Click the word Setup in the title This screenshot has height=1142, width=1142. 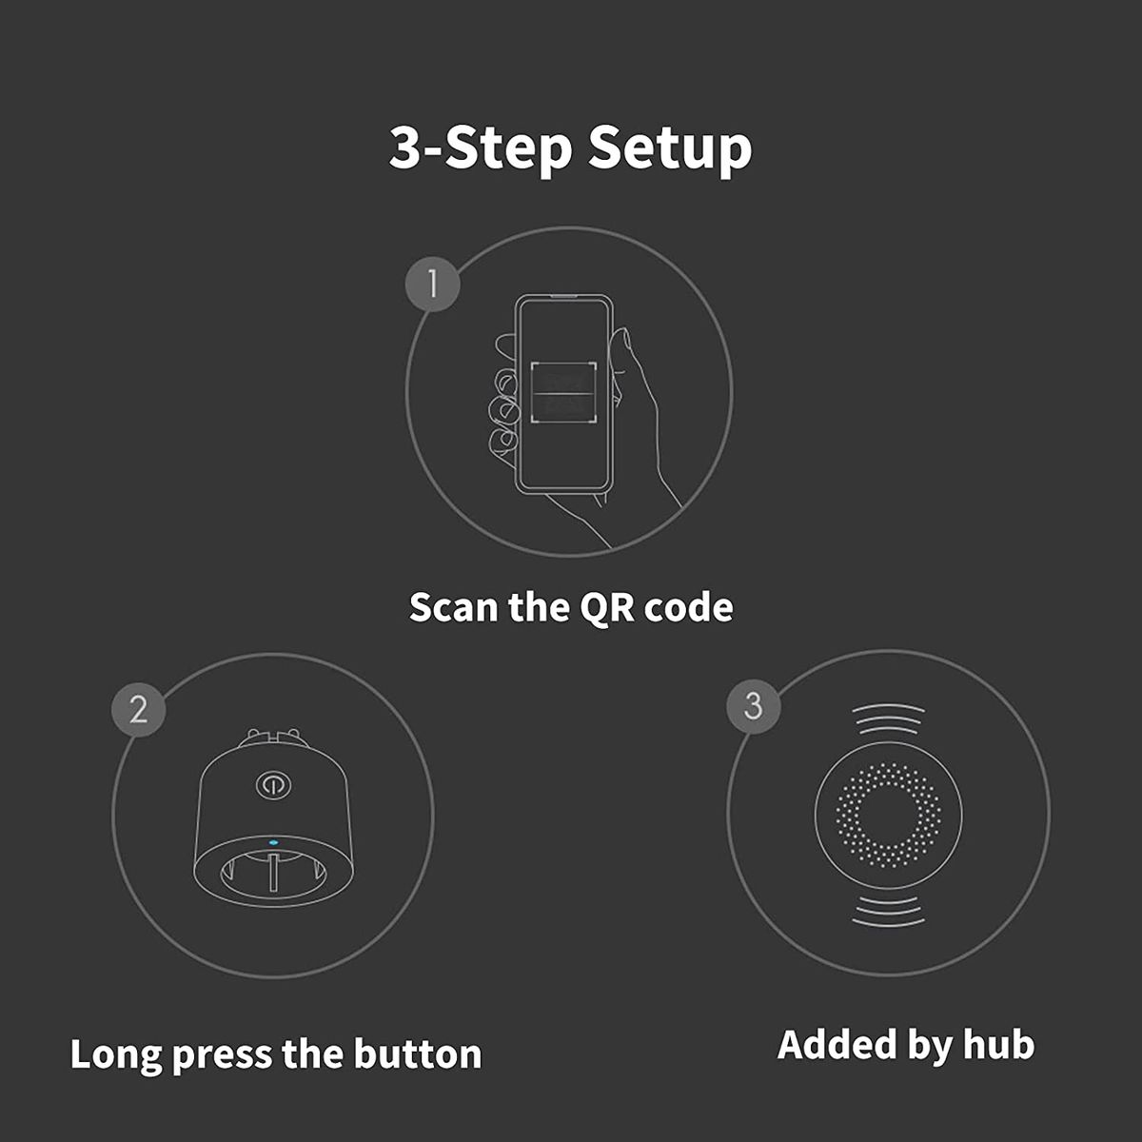point(669,148)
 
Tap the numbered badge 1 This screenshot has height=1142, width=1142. point(433,283)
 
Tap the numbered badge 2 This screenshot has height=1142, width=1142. point(139,709)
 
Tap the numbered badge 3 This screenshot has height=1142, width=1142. point(753,705)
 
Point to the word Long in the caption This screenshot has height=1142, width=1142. point(115,1053)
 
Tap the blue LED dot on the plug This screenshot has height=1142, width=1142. point(273,841)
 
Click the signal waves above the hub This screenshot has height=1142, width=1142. point(888,719)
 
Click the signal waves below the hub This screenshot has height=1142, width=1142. point(888,911)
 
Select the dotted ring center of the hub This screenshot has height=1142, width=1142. point(888,815)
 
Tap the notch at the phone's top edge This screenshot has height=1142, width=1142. point(563,299)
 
